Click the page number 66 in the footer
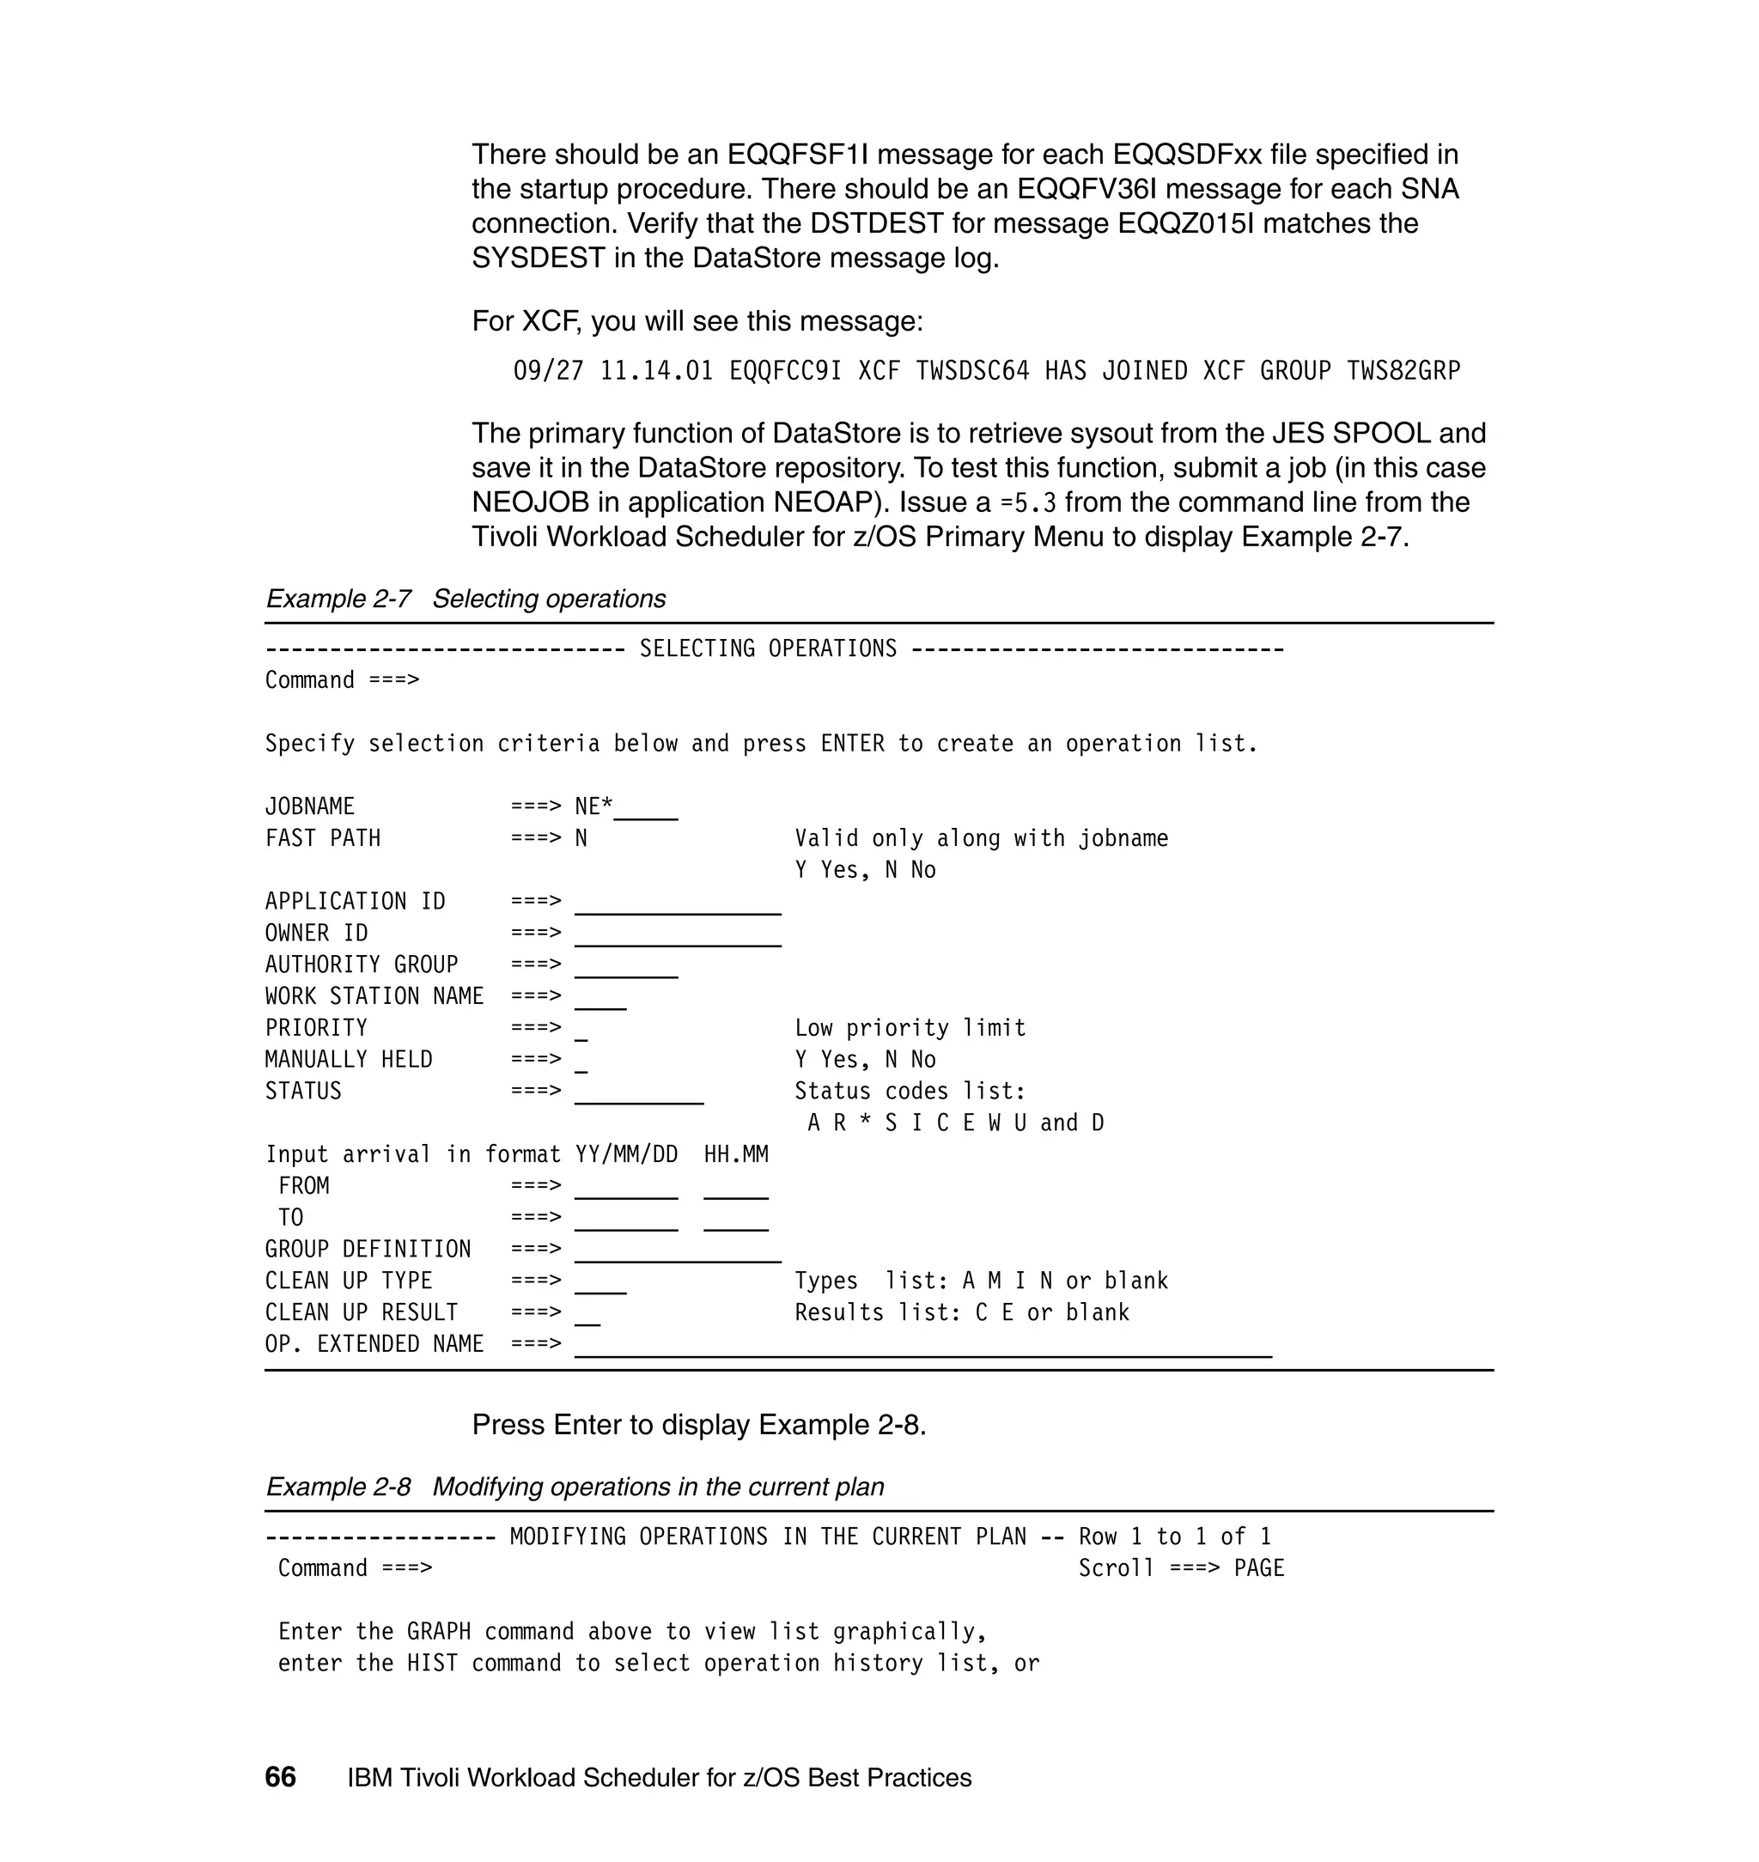280,1777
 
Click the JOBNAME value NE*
593,806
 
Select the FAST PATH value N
581,838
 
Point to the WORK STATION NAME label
374,995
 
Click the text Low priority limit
910,1027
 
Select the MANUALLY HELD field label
349,1060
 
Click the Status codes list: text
910,1092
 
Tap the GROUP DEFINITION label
368,1249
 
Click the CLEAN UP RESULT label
361,1312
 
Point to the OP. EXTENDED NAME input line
922,1348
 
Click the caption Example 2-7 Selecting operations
465,598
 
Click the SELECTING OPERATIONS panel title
768,648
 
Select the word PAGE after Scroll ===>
1258,1568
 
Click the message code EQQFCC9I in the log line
785,371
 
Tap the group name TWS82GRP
1403,371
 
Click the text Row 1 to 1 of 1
1174,1536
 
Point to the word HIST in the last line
432,1664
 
